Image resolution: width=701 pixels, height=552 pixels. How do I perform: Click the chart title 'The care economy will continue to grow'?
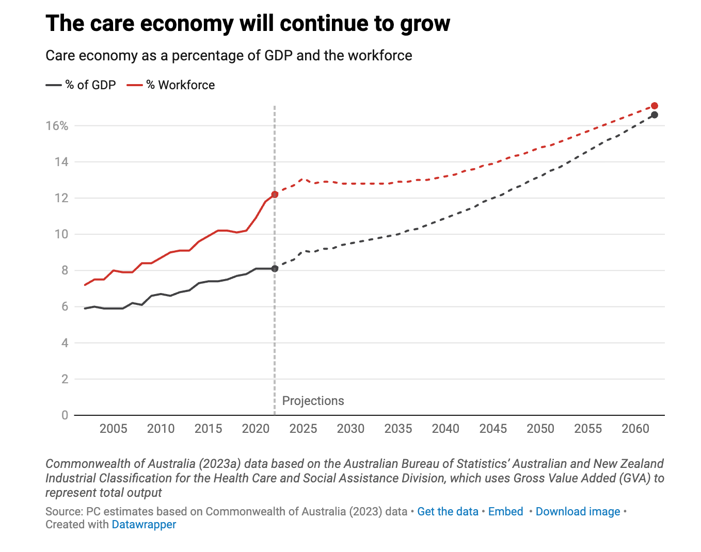[x=248, y=24]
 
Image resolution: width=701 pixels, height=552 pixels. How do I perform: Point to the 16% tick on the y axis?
[x=57, y=126]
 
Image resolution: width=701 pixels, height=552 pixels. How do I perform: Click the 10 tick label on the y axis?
[x=61, y=234]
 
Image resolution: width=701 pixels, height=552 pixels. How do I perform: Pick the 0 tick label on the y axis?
[x=65, y=415]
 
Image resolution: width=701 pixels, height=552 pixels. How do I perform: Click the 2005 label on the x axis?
[x=113, y=429]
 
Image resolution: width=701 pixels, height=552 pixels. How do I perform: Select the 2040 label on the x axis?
[x=445, y=429]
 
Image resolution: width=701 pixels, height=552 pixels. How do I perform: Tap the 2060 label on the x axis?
[x=635, y=429]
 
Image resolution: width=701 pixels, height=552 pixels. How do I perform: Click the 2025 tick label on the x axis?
[x=303, y=429]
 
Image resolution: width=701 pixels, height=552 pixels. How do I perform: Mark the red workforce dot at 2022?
[x=275, y=194]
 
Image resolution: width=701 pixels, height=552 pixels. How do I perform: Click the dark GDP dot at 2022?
[x=275, y=269]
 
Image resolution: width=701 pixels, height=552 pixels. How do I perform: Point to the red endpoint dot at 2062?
[x=655, y=106]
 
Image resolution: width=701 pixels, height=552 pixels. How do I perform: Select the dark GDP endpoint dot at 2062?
[x=655, y=115]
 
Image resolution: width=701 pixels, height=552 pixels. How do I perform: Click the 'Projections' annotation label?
[x=313, y=401]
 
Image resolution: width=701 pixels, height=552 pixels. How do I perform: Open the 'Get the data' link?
[x=448, y=512]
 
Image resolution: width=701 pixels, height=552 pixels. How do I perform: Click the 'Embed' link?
[x=505, y=512]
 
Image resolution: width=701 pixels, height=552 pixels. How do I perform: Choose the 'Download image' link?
[x=578, y=512]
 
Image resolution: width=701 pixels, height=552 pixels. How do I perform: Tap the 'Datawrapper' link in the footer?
[x=144, y=525]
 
